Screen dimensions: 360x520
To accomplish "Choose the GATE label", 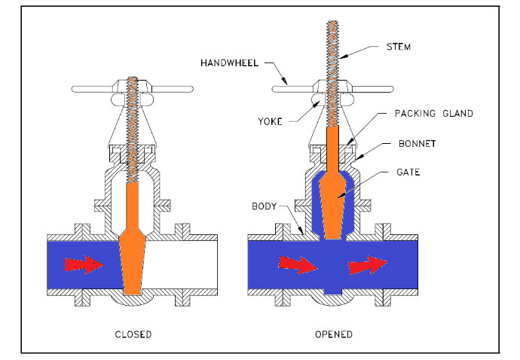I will [x=407, y=172].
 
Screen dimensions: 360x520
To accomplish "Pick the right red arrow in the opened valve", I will [x=369, y=264].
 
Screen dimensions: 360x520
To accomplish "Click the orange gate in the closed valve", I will [x=133, y=249].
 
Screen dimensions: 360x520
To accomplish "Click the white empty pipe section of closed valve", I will [x=181, y=264].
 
